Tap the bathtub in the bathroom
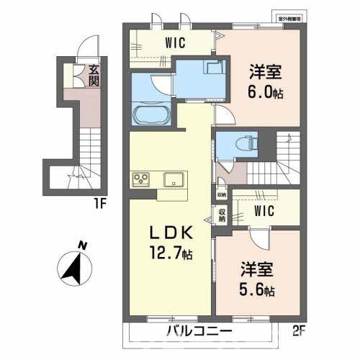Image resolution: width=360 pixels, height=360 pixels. coord(150,114)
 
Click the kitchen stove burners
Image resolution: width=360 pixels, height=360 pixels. coord(140,179)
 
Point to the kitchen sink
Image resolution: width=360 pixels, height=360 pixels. coord(173,179)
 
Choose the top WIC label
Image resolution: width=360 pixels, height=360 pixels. coord(174,43)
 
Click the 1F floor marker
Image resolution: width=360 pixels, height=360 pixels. coord(102,203)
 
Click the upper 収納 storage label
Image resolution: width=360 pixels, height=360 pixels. coord(220,194)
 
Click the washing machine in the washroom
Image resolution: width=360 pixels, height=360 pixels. coord(214,68)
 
